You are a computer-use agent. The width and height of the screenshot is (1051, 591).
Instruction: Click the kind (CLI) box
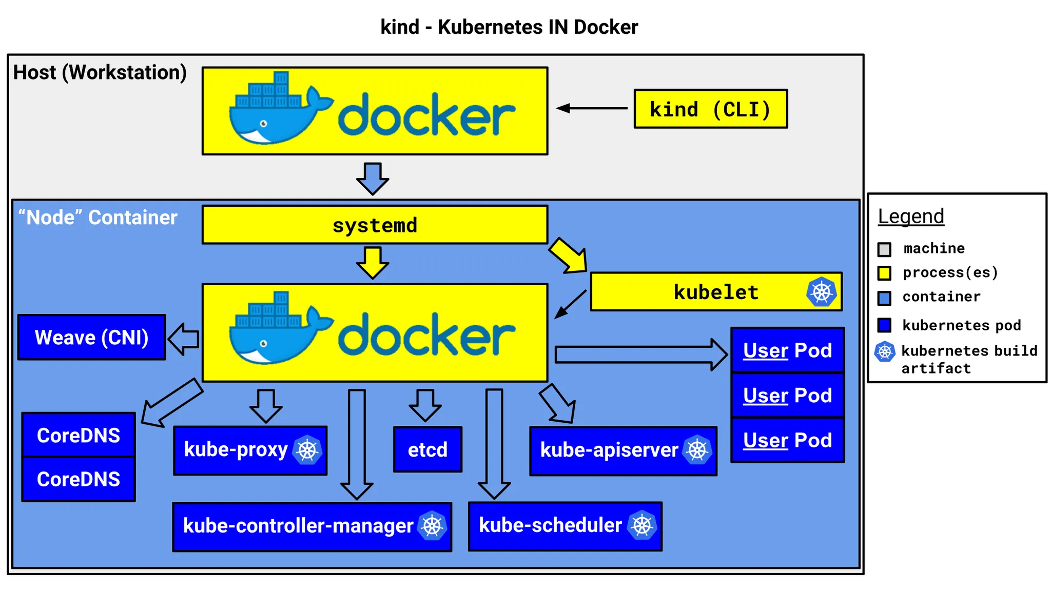[710, 109]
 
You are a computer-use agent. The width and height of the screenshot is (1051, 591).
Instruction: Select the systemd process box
[375, 225]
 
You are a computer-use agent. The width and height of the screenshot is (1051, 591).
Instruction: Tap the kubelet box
[715, 292]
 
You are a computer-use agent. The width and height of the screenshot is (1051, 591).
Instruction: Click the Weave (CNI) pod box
[91, 337]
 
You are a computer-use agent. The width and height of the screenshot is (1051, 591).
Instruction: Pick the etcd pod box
[427, 449]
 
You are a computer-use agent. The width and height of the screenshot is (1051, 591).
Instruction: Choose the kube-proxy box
[250, 450]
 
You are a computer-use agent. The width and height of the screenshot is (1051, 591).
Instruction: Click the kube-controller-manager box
[312, 526]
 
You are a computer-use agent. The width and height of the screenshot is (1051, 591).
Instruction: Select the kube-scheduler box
[565, 526]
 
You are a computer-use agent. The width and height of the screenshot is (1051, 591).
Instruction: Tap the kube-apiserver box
[623, 450]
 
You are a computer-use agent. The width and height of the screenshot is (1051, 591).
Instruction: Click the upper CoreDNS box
[79, 435]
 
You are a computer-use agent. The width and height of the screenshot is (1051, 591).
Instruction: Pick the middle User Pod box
[787, 395]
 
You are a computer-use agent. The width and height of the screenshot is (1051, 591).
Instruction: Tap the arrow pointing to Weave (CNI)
[184, 339]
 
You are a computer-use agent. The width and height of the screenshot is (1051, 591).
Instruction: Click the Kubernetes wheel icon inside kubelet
[821, 292]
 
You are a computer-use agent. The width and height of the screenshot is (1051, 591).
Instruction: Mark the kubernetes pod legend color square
[884, 325]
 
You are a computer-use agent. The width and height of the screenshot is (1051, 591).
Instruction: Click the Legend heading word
[910, 216]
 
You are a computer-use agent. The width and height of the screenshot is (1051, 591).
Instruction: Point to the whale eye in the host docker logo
[264, 124]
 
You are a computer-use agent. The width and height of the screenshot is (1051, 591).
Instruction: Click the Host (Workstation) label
[100, 72]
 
